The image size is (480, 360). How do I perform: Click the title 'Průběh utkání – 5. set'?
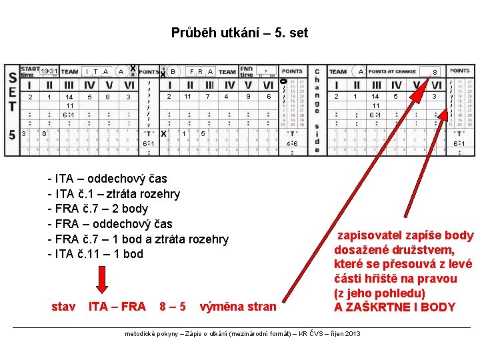tap(239, 33)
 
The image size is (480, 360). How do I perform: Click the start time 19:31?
tap(48, 71)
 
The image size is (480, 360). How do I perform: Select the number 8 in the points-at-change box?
tap(435, 71)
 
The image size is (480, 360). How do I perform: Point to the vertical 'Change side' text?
tap(317, 110)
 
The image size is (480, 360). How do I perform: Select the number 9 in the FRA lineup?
tap(248, 97)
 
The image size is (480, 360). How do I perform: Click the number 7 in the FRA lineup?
tap(208, 97)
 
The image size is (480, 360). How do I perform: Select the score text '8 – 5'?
tap(173, 307)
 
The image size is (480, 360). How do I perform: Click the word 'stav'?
tap(63, 307)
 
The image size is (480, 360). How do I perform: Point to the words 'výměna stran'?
tap(237, 307)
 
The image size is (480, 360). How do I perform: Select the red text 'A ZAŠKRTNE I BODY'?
tap(395, 307)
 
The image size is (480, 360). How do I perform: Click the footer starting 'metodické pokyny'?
tap(242, 333)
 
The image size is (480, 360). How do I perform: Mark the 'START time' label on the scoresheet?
tap(30, 71)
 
